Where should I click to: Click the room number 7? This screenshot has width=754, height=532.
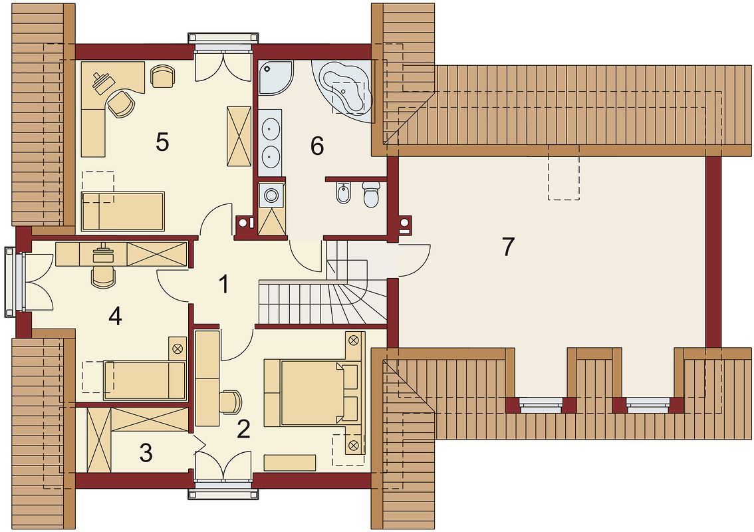508,247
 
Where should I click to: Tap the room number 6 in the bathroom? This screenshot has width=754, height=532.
317,146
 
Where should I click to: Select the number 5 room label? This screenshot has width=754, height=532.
162,142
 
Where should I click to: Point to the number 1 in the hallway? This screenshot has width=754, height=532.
223,284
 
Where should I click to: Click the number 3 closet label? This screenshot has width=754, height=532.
146,453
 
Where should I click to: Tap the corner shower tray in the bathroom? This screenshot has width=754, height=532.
275,77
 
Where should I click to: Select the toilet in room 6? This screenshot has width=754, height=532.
371,194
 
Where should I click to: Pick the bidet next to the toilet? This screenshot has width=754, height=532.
343,194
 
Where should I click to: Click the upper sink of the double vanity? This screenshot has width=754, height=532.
271,128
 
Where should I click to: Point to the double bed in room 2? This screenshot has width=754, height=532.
312,393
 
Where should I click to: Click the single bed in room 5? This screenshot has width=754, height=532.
123,211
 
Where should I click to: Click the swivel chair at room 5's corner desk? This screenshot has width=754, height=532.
120,104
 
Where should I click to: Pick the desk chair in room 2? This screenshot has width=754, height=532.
230,402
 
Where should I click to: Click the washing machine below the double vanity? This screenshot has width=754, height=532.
272,196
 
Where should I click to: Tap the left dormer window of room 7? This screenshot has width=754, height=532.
541,405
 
